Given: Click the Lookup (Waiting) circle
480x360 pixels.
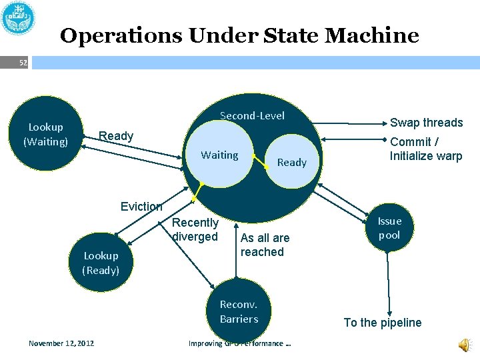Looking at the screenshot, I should [x=45, y=134].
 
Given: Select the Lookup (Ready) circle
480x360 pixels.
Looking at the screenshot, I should [x=101, y=263].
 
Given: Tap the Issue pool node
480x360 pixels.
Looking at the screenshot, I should [x=389, y=228].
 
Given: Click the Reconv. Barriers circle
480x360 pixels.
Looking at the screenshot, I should [x=239, y=311].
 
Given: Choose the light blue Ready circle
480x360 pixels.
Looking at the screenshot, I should [x=291, y=163].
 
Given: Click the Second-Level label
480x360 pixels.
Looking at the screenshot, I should [x=252, y=116].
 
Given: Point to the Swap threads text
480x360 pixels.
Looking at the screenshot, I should [x=426, y=123].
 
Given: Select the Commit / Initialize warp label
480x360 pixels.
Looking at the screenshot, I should [x=425, y=149].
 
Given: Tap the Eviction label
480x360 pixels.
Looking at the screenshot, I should [x=141, y=207].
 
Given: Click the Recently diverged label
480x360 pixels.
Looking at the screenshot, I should [x=195, y=229].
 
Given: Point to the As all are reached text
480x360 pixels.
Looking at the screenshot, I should [x=265, y=245].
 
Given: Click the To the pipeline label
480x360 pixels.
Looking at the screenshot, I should [x=383, y=323].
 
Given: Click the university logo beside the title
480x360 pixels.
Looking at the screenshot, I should [x=19, y=18].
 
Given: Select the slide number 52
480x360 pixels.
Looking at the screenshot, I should [x=23, y=63].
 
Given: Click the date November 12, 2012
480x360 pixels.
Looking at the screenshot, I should [x=61, y=343].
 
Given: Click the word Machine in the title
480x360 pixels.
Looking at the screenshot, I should [x=377, y=35].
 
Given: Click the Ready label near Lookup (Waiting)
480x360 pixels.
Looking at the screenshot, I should [x=116, y=136].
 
